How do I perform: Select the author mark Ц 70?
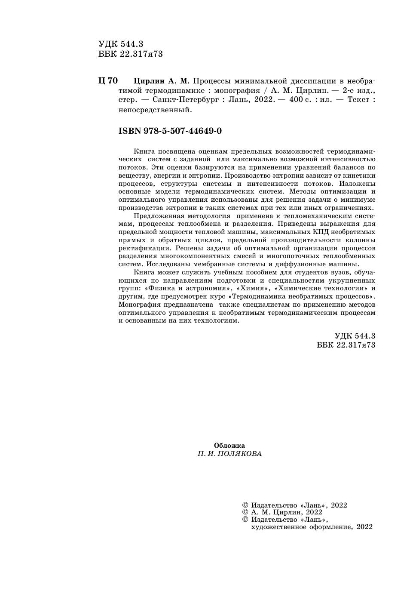tap(108, 81)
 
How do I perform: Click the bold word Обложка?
tap(229, 446)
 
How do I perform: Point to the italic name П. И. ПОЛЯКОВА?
tap(229, 454)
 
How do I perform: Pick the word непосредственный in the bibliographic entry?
tap(154, 110)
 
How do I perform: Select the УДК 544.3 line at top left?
tap(121, 44)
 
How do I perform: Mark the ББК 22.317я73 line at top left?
tap(131, 54)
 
